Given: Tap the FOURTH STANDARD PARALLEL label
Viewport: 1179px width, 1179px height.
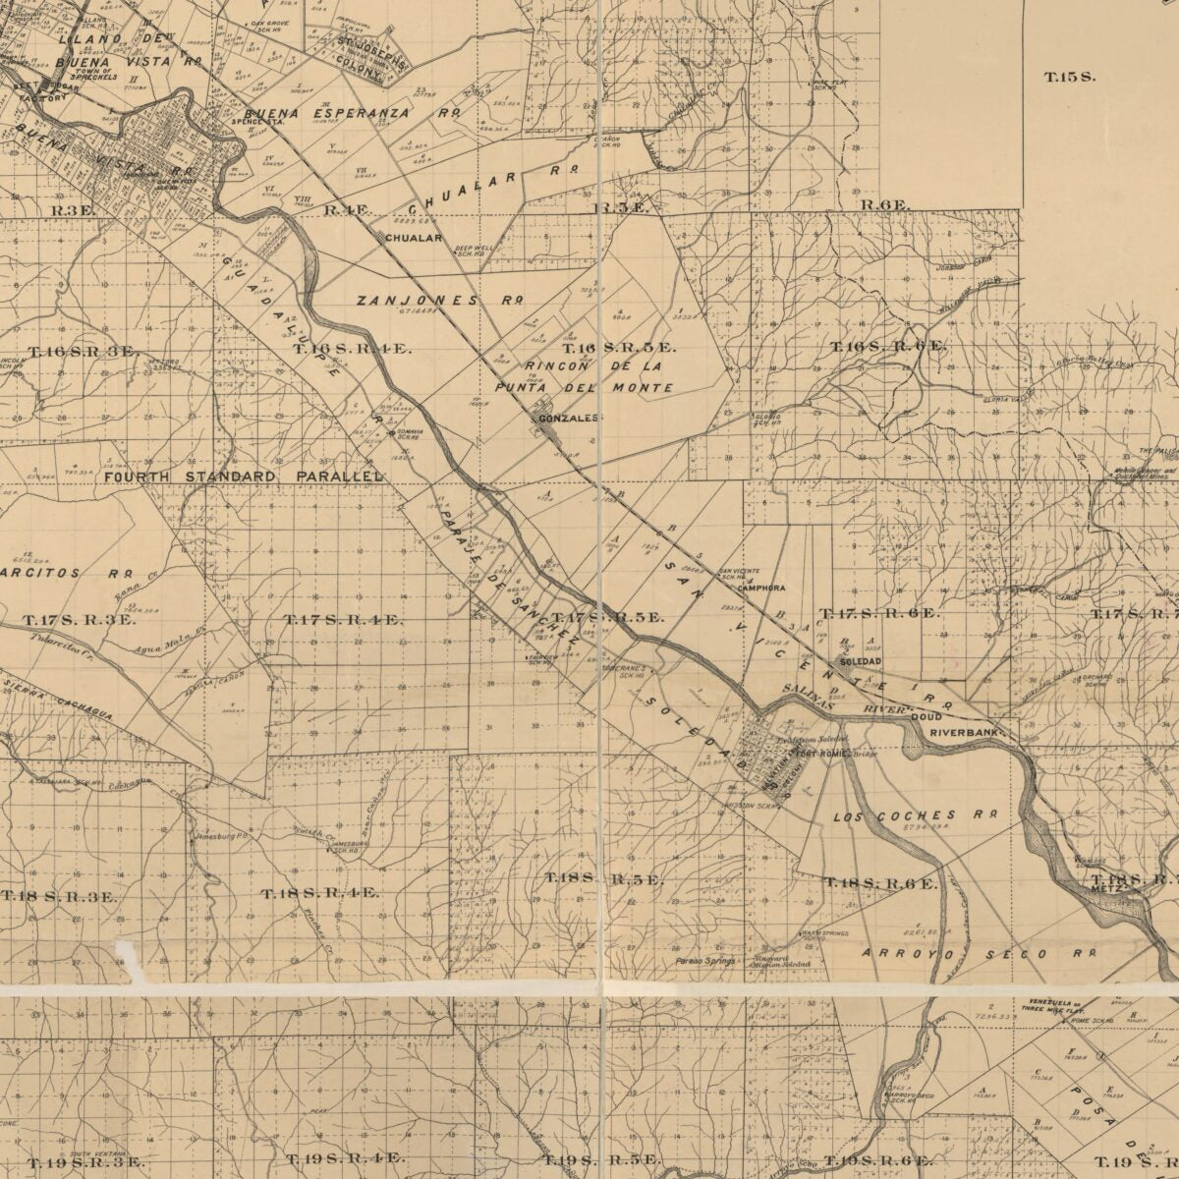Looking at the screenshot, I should point(243,477).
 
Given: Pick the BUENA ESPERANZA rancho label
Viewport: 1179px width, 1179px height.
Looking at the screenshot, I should point(353,113).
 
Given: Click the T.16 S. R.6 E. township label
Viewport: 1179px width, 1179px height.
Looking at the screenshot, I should point(888,347).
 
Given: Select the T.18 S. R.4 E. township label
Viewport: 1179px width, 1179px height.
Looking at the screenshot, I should point(320,893).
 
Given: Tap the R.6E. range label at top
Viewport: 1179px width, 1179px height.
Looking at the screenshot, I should point(886,205).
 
